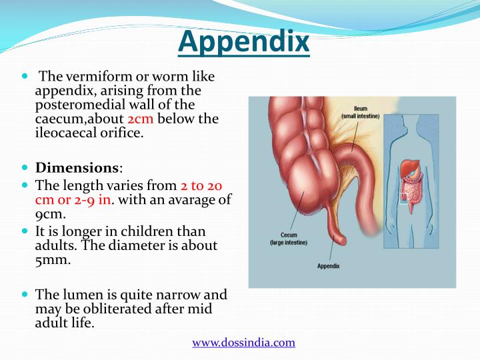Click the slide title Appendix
pyautogui.click(x=245, y=42)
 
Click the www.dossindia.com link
pyautogui.click(x=243, y=343)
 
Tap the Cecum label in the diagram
pyautogui.click(x=279, y=235)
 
